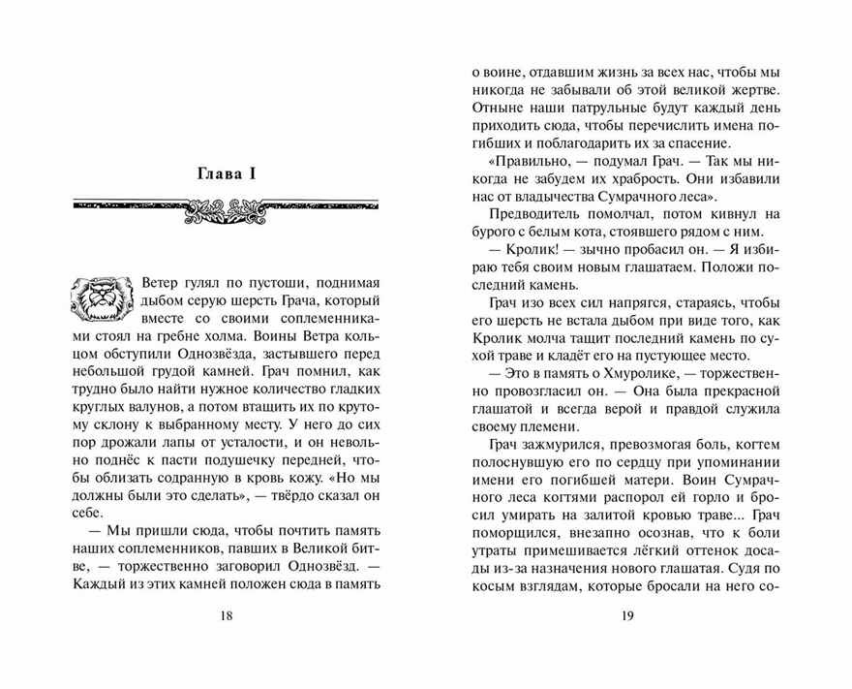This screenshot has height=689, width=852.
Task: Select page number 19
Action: point(625,616)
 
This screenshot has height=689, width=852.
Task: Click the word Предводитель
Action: point(536,212)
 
